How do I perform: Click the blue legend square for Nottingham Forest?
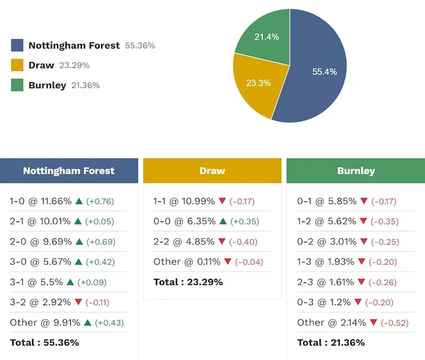pyautogui.click(x=17, y=46)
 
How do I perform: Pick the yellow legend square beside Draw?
pyautogui.click(x=17, y=65)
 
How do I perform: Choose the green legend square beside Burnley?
pyautogui.click(x=17, y=86)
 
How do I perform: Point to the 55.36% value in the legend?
pyautogui.click(x=140, y=46)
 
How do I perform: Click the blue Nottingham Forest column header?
pyautogui.click(x=69, y=170)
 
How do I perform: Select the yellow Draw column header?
pyautogui.click(x=212, y=170)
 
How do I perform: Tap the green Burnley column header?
pyautogui.click(x=356, y=170)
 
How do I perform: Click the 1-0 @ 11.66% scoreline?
pyautogui.click(x=41, y=201)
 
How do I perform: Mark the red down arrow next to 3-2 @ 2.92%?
pyautogui.click(x=78, y=302)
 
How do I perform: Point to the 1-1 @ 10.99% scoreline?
pyautogui.click(x=184, y=201)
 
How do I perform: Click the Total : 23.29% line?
pyautogui.click(x=188, y=282)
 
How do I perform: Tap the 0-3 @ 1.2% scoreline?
pyautogui.click(x=324, y=302)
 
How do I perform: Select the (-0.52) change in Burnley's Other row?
pyautogui.click(x=397, y=322)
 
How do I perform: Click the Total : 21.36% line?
pyautogui.click(x=331, y=342)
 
